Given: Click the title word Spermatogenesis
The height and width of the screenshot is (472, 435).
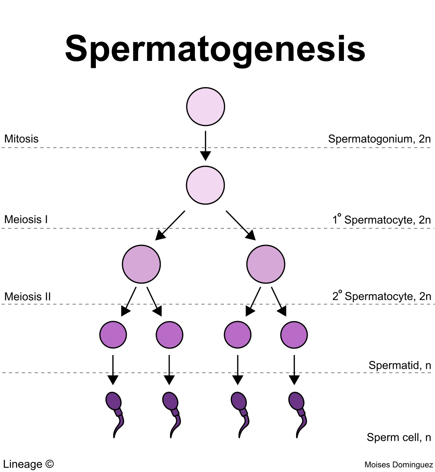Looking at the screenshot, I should click(x=215, y=48).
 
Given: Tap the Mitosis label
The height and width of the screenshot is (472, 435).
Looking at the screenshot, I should click(x=21, y=139).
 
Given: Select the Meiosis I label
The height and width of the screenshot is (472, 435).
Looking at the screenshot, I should click(x=26, y=219).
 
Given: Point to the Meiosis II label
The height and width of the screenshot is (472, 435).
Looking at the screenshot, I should click(x=27, y=297).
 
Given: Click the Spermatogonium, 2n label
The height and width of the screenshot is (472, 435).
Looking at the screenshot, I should click(x=379, y=139).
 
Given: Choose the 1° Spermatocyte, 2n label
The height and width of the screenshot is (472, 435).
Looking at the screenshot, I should click(x=381, y=219).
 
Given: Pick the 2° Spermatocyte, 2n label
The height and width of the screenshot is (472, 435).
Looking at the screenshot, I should click(x=381, y=296).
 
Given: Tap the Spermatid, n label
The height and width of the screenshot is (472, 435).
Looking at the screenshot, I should click(x=400, y=365).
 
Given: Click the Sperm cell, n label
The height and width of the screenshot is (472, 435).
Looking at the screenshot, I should click(x=399, y=437).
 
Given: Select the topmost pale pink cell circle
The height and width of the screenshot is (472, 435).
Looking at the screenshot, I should click(x=205, y=107).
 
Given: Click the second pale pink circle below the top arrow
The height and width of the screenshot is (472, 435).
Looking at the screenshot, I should click(x=205, y=185).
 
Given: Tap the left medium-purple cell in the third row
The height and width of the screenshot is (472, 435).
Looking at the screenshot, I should click(x=141, y=264).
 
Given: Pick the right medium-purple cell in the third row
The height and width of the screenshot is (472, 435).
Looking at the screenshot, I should click(x=266, y=264).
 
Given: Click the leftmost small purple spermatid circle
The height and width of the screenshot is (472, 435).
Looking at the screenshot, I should click(x=113, y=335).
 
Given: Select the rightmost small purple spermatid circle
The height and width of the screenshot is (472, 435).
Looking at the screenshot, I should click(x=294, y=335).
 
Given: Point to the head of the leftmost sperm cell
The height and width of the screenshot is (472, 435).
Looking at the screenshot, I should click(x=113, y=401).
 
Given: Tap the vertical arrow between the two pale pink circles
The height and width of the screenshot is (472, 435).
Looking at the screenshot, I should click(x=205, y=145).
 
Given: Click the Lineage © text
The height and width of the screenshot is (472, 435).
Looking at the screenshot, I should click(x=28, y=464).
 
